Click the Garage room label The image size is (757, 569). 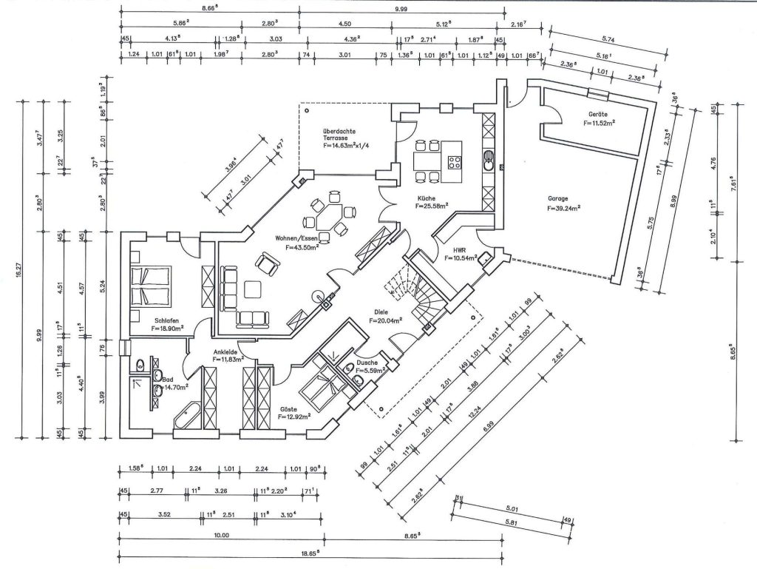click(x=558, y=198)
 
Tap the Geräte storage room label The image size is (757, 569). click(x=598, y=115)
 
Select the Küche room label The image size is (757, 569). click(x=425, y=198)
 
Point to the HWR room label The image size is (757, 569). click(x=449, y=250)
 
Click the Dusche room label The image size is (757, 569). click(x=367, y=363)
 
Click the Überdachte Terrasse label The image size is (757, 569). click(x=339, y=138)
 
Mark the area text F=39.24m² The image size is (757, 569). click(x=564, y=208)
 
